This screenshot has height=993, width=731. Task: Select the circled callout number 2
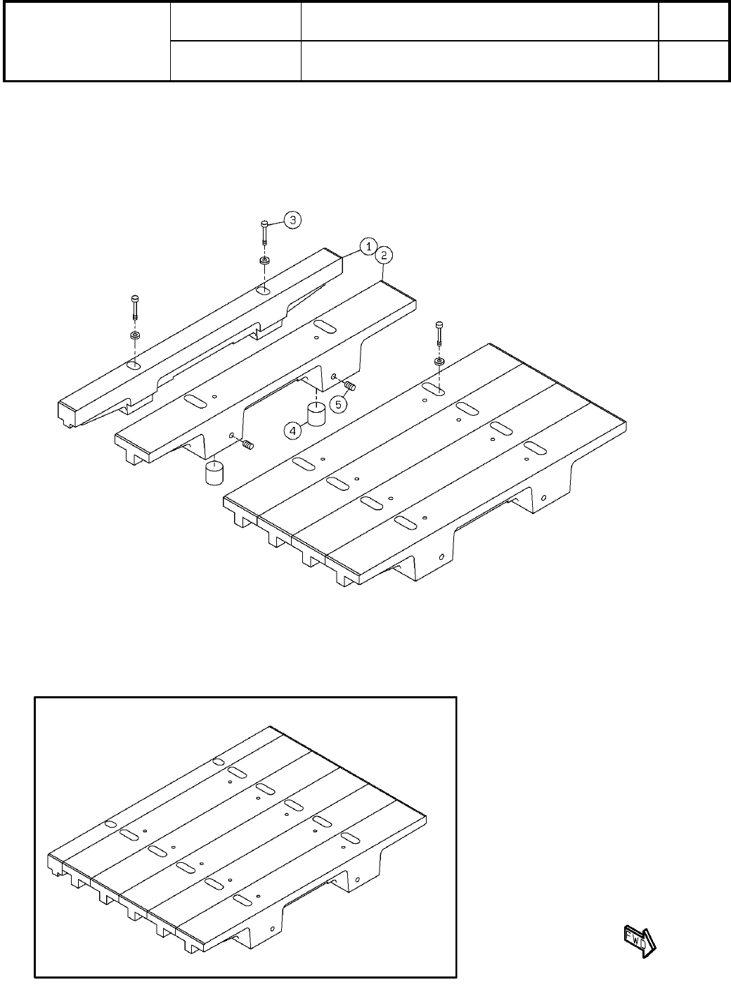pos(384,255)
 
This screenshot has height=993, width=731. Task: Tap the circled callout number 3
pos(292,220)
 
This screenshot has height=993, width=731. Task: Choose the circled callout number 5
pos(339,404)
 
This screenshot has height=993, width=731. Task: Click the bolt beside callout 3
pos(264,231)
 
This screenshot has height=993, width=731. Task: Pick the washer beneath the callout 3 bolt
pos(264,261)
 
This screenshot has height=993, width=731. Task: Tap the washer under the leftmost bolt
pos(134,335)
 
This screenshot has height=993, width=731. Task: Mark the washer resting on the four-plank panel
pos(439,361)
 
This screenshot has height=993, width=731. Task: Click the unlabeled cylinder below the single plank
pos(214,472)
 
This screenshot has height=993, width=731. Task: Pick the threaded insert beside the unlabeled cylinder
pos(247,444)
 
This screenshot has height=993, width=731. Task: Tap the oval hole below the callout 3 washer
pos(263,290)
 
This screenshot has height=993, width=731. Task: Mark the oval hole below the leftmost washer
pos(134,365)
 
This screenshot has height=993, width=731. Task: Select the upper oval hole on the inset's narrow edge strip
pos(218,762)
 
